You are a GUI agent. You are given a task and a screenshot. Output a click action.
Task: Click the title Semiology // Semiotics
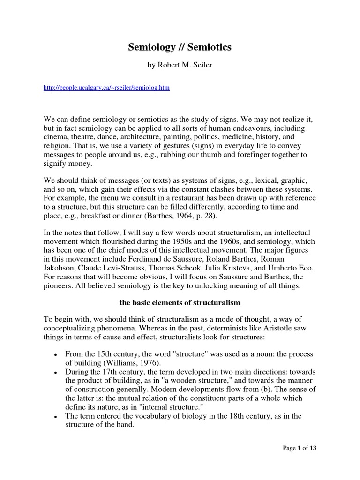point(180,47)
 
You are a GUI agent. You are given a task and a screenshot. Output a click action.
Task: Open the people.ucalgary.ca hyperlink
point(106,88)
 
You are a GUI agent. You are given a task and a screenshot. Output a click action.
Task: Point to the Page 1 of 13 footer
point(300,448)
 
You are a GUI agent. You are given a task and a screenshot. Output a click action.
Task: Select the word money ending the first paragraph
point(81,164)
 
